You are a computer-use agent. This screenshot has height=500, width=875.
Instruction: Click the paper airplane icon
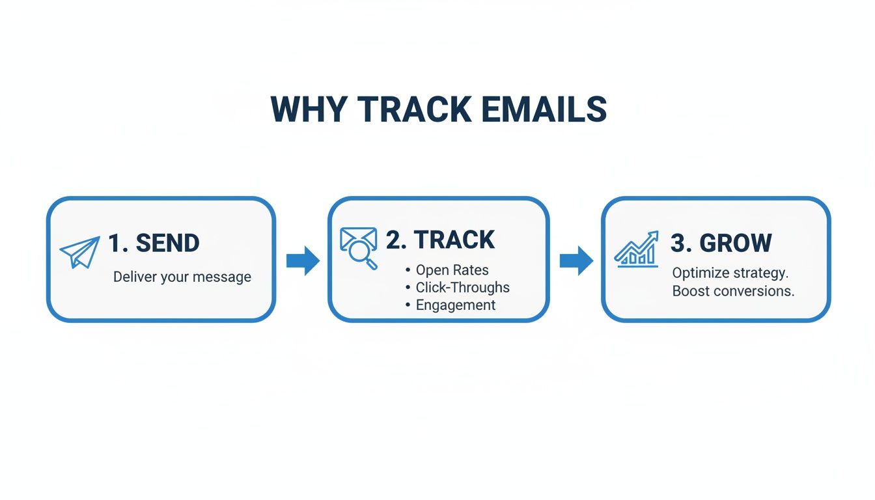79,252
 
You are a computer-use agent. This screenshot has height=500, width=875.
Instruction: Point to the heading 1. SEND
154,243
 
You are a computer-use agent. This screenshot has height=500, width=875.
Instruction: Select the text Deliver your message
182,277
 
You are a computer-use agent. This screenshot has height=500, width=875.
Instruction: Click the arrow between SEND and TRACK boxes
303,260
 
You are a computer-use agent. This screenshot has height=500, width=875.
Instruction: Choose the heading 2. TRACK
441,240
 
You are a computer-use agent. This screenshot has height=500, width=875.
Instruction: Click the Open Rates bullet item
452,270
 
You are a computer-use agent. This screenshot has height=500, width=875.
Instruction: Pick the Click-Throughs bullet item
462,287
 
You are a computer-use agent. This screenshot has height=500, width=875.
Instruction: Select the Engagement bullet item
455,305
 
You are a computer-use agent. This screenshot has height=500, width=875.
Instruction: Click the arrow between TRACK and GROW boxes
576,260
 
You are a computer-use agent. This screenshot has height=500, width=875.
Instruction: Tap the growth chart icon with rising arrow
636,249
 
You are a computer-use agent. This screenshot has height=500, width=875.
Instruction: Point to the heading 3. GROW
721,243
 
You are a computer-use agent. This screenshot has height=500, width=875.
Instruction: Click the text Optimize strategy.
730,273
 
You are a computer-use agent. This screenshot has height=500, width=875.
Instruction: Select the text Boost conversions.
733,291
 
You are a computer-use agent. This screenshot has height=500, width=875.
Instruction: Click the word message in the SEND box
225,277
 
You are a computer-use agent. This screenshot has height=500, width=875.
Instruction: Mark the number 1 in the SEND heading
115,243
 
